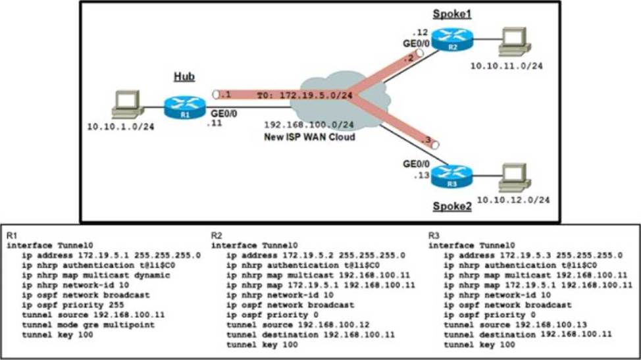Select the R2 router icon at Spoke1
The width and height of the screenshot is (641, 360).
[453, 45]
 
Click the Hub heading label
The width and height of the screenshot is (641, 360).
[184, 77]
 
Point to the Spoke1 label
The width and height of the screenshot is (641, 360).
[452, 13]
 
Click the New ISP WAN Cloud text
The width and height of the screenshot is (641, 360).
[309, 137]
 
